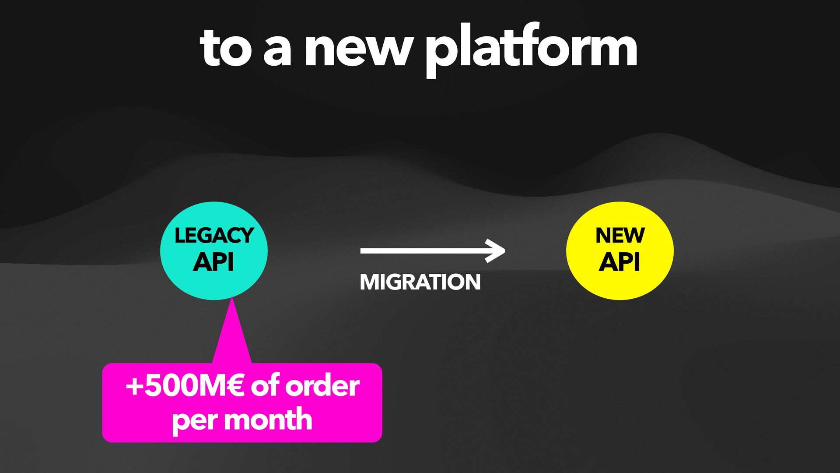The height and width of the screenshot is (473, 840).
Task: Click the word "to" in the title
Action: click(226, 48)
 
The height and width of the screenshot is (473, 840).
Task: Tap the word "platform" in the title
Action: click(531, 49)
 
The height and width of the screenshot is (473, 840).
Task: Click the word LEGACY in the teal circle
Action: click(214, 236)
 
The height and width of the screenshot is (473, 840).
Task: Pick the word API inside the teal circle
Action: click(213, 262)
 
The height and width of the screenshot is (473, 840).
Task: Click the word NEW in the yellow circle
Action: click(620, 236)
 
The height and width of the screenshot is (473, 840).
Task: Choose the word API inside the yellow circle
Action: click(619, 262)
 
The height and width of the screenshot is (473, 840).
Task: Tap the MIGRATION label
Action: click(420, 282)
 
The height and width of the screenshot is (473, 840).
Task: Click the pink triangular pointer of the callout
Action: click(232, 337)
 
